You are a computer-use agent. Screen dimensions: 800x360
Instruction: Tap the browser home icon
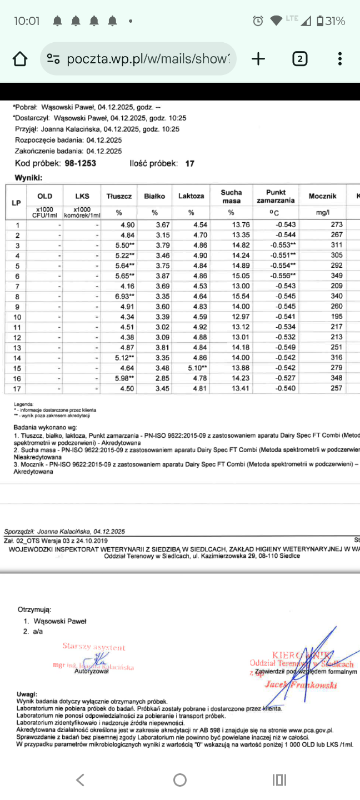tap(19, 59)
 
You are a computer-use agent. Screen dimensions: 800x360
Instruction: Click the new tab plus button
tap(258, 59)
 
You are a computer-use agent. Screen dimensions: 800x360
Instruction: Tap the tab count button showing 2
tap(299, 59)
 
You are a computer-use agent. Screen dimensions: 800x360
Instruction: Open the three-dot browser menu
tap(339, 59)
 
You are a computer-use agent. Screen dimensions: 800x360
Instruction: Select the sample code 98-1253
tap(80, 163)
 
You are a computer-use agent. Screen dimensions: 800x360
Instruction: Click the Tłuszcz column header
tap(119, 196)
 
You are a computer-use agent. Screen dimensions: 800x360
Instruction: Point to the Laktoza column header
tap(191, 196)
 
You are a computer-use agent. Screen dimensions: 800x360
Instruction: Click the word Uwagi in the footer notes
tap(27, 694)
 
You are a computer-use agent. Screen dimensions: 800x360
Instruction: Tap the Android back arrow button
tap(80, 780)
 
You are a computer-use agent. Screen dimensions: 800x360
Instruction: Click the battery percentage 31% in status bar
tap(336, 22)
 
